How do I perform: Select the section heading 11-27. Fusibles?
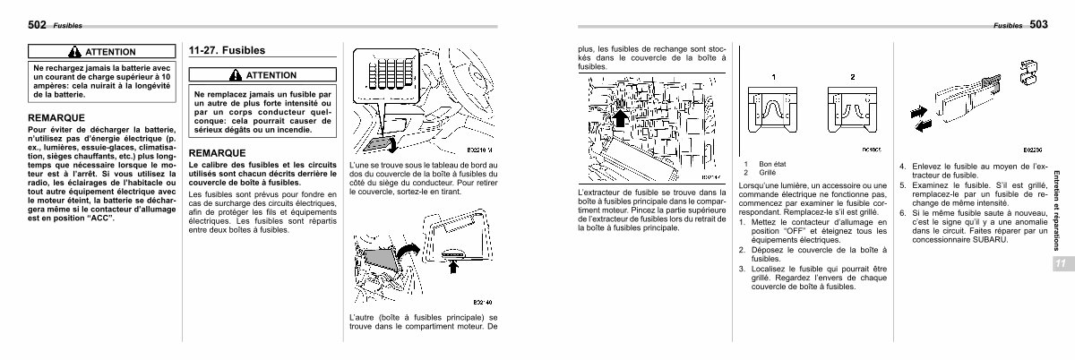click(227, 50)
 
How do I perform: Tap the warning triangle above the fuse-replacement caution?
click(236, 75)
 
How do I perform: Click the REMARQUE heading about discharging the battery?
click(56, 117)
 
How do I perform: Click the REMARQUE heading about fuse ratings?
click(218, 152)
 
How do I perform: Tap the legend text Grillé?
click(768, 172)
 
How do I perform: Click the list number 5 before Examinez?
click(903, 181)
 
